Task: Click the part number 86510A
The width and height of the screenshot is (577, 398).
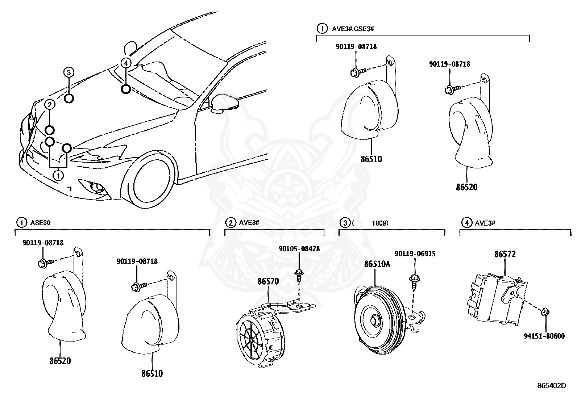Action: (377, 264)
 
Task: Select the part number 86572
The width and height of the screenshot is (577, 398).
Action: (505, 254)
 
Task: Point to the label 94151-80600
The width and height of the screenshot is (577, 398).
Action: (544, 336)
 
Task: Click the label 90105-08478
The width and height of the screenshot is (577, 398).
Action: (299, 249)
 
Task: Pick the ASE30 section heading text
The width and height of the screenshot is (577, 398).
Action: (40, 222)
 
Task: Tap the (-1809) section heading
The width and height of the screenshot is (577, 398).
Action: (370, 222)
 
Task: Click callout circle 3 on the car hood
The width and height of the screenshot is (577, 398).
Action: (69, 72)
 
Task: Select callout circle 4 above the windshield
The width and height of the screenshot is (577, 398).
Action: (125, 63)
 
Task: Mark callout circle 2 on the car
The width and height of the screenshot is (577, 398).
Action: (50, 105)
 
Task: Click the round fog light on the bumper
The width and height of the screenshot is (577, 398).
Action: (97, 187)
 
